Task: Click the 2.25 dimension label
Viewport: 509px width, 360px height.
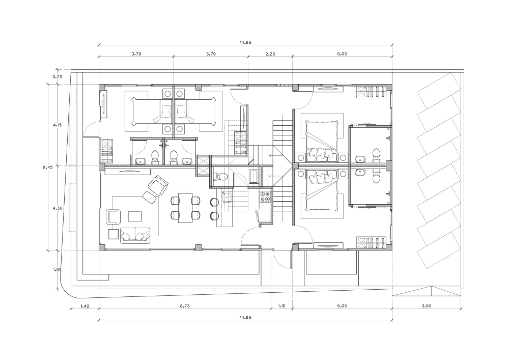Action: (270, 54)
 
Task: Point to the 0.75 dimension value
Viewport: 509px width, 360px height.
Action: (57, 77)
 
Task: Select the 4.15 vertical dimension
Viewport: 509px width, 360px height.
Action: (57, 125)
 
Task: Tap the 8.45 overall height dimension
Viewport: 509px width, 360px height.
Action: (47, 168)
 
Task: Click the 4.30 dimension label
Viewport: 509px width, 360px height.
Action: (57, 208)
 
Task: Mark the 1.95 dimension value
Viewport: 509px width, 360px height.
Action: (57, 270)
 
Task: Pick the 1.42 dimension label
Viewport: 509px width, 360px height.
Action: (84, 306)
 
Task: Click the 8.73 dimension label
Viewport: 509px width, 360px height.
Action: (185, 306)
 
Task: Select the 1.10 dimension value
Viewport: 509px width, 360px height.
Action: (282, 306)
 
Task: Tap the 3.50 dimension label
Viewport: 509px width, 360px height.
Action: (426, 306)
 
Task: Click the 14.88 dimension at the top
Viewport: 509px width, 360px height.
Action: (245, 42)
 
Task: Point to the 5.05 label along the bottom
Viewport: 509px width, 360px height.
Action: (342, 306)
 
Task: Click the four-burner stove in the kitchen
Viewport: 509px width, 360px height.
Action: (265, 196)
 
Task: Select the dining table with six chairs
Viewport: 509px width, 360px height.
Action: (185, 208)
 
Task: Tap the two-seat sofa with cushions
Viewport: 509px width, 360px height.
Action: (135, 235)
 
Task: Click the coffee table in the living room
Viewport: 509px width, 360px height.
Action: (135, 216)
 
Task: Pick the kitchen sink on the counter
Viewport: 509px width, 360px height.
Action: (227, 197)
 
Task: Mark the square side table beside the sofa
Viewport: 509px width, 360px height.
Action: (114, 234)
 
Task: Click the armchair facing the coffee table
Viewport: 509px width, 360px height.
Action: (113, 217)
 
